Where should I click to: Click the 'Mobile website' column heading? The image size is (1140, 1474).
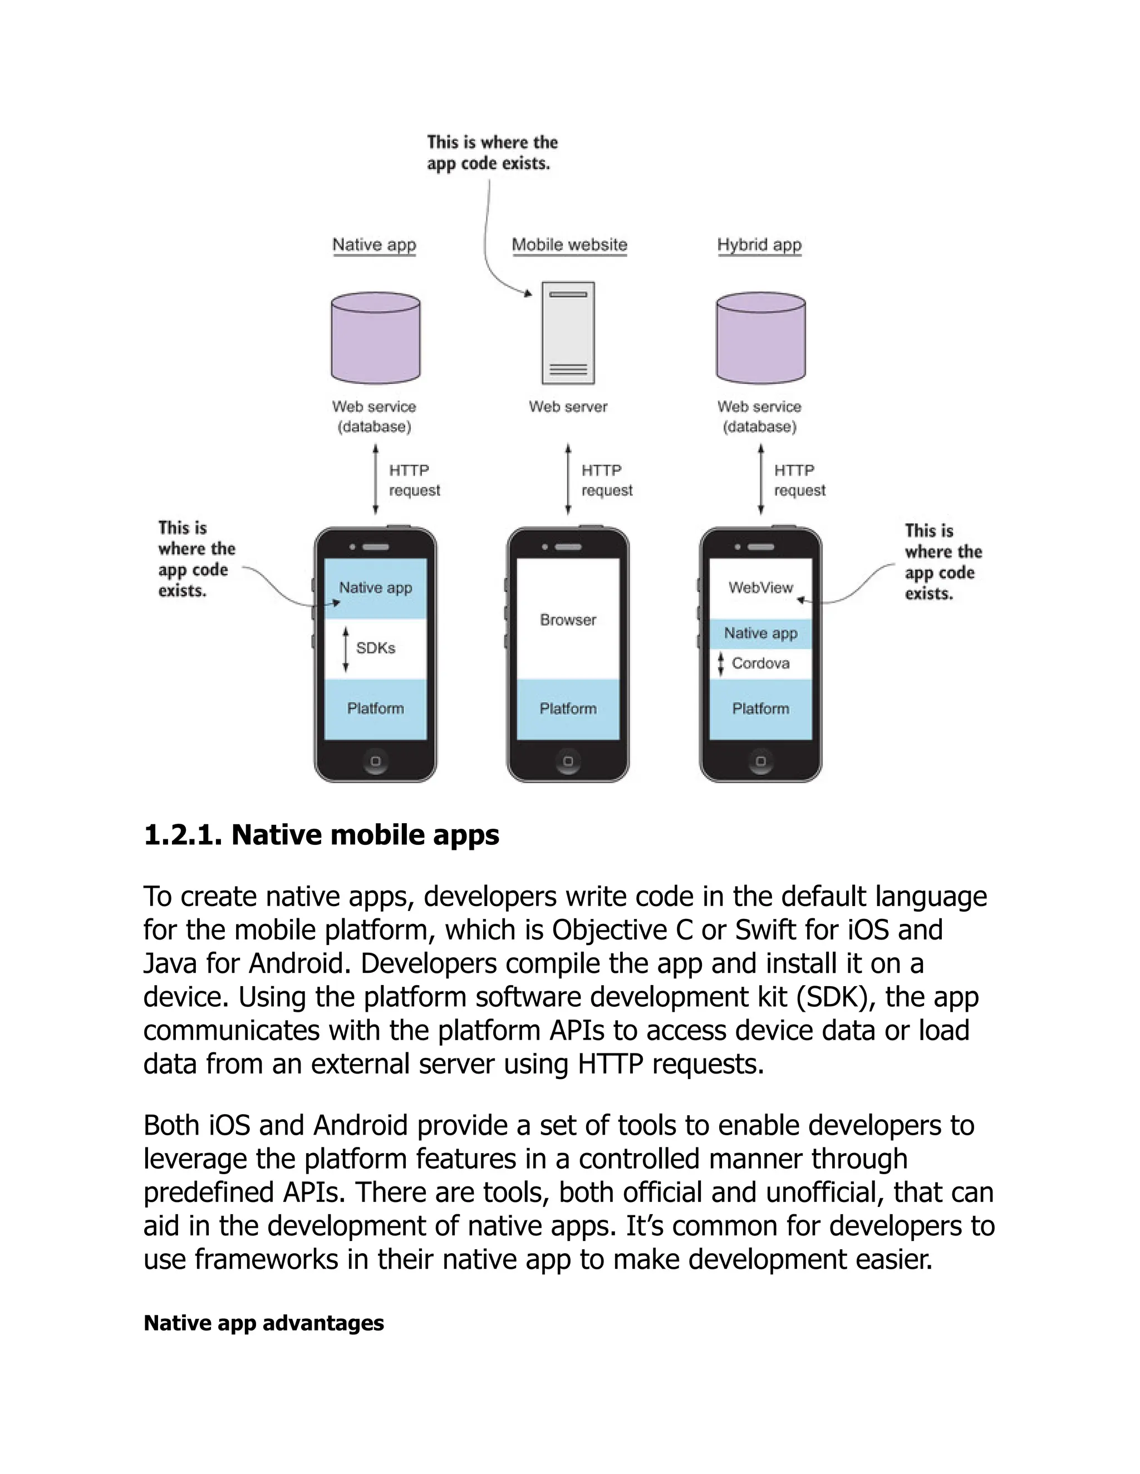coord(569,244)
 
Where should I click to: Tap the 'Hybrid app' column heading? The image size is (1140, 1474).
coord(759,244)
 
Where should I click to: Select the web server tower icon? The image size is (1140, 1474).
coord(568,333)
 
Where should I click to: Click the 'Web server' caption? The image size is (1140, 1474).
coord(568,406)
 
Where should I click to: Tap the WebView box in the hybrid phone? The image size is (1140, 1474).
coord(760,588)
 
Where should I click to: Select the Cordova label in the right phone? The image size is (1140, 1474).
coord(760,664)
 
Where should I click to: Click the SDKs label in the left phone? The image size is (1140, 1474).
coord(376,648)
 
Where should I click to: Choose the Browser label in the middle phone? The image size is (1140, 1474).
coord(568,620)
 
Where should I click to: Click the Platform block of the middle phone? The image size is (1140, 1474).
coord(568,709)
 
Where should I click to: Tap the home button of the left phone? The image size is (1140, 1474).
coord(376,760)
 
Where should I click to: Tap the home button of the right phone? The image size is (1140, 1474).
coord(760,760)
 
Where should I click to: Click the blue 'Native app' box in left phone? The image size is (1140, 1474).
coord(376,588)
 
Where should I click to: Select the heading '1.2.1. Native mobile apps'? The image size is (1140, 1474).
coord(322,835)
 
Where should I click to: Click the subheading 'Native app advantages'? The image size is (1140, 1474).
coord(263,1323)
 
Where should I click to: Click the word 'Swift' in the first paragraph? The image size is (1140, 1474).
coord(766,930)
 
